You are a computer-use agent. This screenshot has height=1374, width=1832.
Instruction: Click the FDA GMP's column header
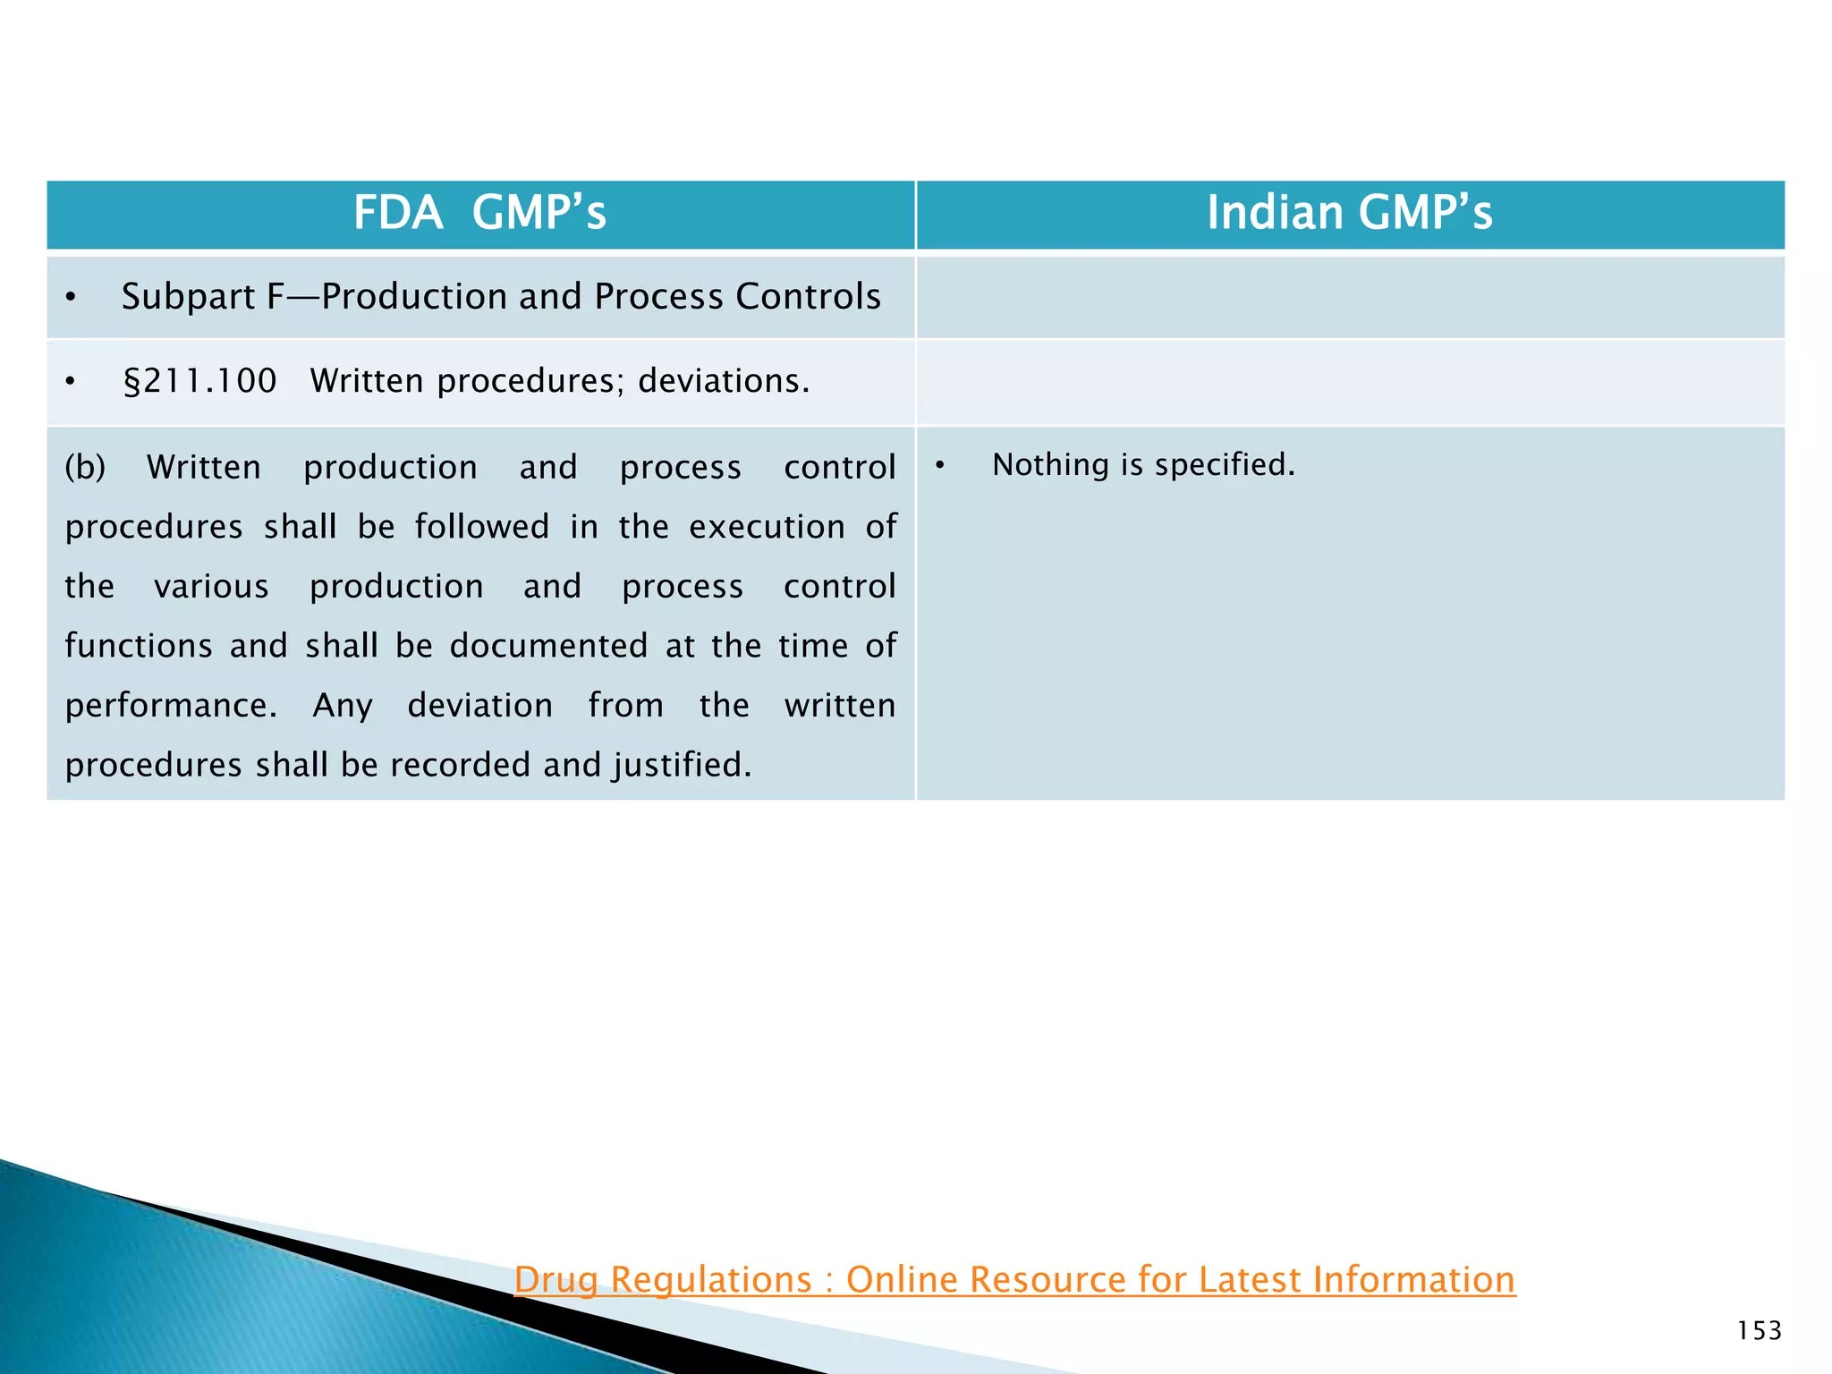tap(480, 214)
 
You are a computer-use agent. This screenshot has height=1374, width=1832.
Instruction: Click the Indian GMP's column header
tap(1349, 214)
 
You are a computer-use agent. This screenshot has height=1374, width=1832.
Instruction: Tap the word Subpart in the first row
tap(188, 297)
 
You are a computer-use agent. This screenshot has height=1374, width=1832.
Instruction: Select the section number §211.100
tap(199, 382)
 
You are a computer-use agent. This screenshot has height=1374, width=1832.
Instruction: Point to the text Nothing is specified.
tap(1143, 465)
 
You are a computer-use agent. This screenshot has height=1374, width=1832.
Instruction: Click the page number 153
tap(1759, 1331)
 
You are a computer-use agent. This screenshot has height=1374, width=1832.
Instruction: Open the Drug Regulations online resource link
tap(1014, 1280)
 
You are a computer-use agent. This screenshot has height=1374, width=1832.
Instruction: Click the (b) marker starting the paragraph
tap(85, 468)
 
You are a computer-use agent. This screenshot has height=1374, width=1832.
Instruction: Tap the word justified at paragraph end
tap(682, 766)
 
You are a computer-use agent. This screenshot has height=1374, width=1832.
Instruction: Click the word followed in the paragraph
tap(482, 528)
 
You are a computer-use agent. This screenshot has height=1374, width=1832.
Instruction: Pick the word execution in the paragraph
tap(767, 528)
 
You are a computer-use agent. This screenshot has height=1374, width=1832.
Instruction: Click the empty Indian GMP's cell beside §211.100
tap(1349, 382)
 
